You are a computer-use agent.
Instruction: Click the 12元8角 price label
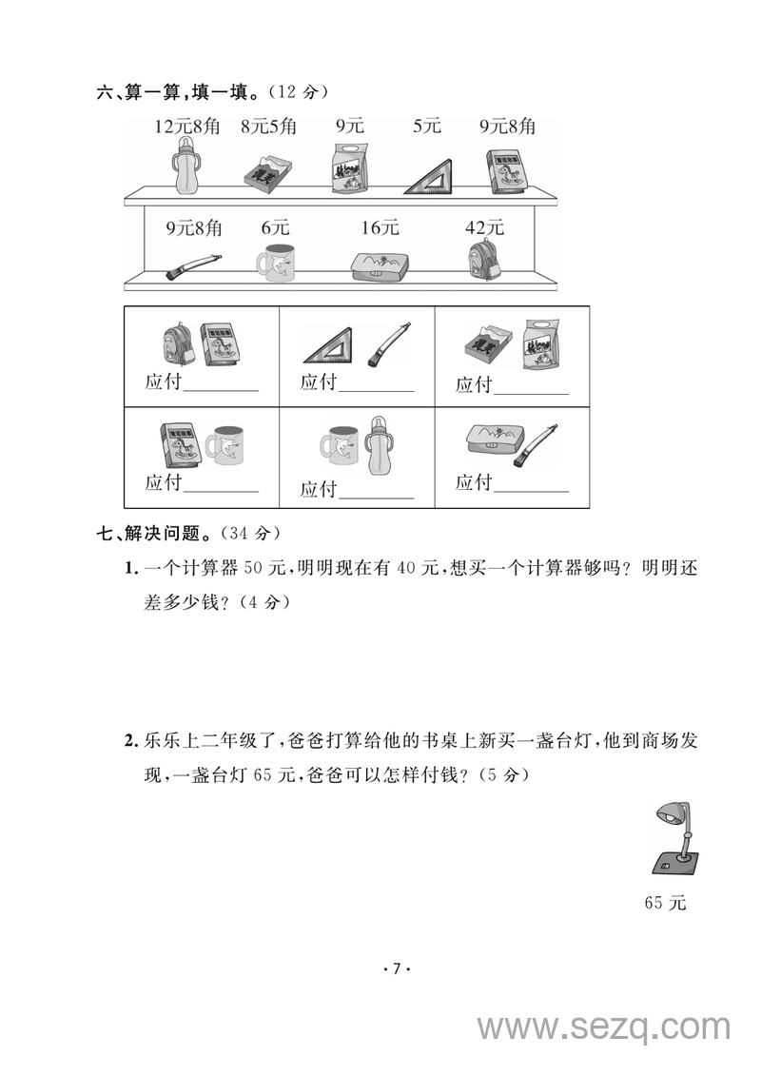point(185,127)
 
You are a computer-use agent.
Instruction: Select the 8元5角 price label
point(268,127)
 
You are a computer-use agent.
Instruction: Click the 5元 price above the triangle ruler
point(427,127)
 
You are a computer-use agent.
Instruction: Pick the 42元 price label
point(484,228)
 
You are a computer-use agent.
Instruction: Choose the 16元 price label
point(380,228)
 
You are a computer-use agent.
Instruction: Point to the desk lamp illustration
point(676,837)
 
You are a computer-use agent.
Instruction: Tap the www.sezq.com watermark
point(603,1027)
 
